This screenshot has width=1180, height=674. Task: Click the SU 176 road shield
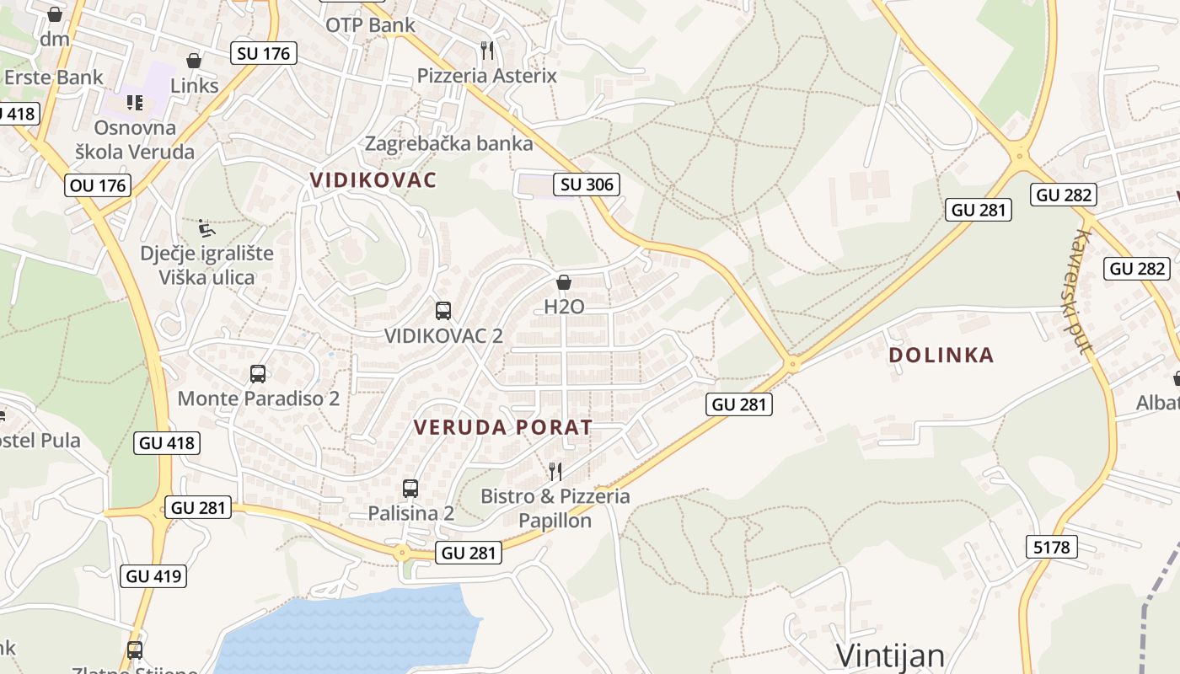263,53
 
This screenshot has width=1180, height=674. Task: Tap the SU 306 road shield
587,184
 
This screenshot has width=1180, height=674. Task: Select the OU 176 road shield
98,185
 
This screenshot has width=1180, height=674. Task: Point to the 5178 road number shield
1051,547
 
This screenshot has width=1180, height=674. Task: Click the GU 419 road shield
153,576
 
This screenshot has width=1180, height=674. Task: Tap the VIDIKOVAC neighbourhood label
373,179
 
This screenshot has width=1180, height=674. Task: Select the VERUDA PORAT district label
503,427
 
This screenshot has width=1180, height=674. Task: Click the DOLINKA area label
941,356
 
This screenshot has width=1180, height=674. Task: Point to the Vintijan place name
890,655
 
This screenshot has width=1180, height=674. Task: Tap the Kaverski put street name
1077,291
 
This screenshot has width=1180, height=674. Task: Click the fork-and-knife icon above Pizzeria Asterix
487,50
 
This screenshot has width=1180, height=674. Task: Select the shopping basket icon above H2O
564,282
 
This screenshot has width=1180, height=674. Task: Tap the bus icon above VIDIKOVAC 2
443,310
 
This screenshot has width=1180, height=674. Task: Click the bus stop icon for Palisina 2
410,488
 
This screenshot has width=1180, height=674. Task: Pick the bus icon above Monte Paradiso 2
258,373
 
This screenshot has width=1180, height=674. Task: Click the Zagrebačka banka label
448,143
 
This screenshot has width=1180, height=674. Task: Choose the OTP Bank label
371,24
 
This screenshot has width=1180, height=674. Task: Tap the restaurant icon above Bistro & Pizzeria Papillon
555,471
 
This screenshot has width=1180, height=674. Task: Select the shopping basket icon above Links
194,61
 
